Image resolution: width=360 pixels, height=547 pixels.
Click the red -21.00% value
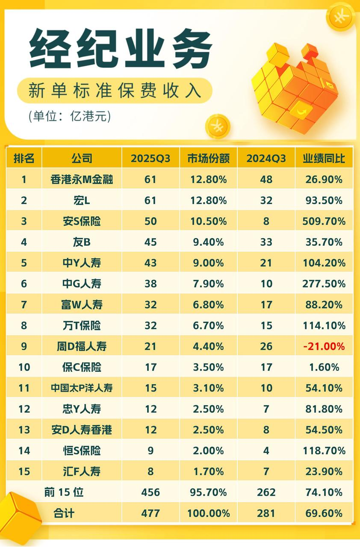(x=324, y=347)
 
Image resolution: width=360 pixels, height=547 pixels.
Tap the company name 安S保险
(x=82, y=221)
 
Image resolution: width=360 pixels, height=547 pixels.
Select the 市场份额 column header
(x=208, y=159)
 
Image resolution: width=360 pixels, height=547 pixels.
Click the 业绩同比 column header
(x=324, y=159)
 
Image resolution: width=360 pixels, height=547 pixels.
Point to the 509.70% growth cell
(x=324, y=221)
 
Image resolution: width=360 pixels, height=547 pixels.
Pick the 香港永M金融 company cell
(x=82, y=179)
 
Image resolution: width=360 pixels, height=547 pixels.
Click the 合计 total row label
(x=64, y=513)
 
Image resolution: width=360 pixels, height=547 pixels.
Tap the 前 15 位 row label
(x=64, y=492)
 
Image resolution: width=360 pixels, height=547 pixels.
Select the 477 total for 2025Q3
(x=150, y=513)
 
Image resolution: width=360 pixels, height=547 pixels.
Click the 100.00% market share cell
(x=208, y=513)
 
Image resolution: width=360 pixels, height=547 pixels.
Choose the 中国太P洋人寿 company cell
(x=82, y=388)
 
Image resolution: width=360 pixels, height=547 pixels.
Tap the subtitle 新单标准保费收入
(x=115, y=91)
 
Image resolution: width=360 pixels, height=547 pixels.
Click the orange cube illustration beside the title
(x=295, y=88)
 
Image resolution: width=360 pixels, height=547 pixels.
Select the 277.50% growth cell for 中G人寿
(x=324, y=284)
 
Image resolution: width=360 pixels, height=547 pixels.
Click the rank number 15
(x=24, y=472)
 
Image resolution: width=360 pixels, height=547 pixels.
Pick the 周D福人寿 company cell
(x=82, y=347)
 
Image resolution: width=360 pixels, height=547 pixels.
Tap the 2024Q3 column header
(x=266, y=159)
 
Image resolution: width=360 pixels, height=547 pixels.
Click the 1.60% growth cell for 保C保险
(x=324, y=367)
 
